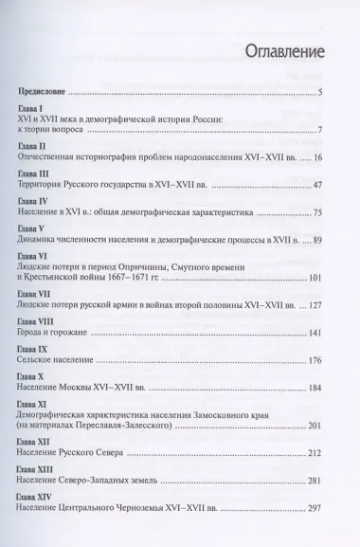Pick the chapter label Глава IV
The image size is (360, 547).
point(36,204)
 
